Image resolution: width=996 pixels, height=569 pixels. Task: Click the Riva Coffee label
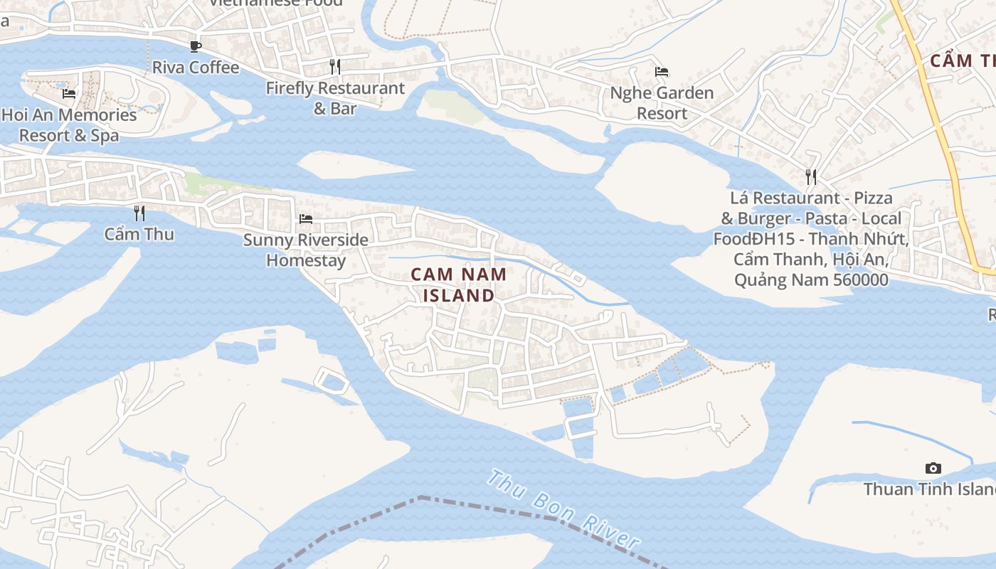tap(196, 68)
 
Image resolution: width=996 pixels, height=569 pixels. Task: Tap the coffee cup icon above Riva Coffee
tap(196, 47)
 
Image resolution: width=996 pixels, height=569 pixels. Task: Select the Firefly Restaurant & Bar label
tap(335, 98)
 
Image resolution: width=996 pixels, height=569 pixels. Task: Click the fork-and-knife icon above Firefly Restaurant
tap(335, 67)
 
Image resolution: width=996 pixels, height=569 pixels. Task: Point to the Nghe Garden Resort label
tap(662, 103)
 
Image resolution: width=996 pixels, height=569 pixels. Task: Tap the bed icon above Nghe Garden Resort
tap(662, 72)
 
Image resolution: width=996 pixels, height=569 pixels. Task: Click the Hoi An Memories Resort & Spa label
tap(69, 124)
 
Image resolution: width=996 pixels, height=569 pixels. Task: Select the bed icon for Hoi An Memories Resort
tap(69, 93)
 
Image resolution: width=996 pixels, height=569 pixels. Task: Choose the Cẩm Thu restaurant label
tap(139, 234)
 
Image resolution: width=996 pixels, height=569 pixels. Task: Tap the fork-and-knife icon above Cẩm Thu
tap(139, 213)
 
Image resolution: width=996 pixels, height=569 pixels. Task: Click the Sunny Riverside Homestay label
tap(306, 250)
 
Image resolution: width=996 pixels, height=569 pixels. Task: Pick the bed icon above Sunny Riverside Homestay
tap(306, 218)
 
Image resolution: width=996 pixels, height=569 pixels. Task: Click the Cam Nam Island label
tap(459, 284)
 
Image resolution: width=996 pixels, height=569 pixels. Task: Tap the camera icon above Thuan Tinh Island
tap(933, 468)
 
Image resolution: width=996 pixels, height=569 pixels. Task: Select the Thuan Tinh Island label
tap(928, 489)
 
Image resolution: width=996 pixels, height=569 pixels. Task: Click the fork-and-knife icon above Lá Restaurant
tap(811, 176)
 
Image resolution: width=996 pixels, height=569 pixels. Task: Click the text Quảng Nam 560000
tap(811, 280)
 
